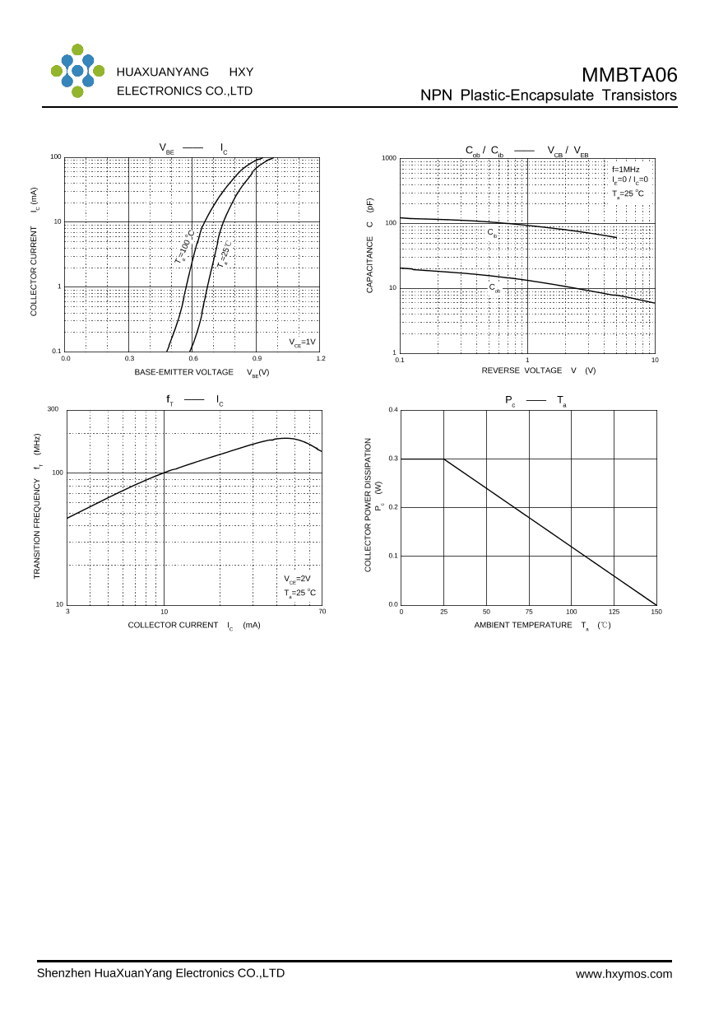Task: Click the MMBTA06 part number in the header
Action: point(629,75)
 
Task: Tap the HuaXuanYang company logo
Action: point(77,71)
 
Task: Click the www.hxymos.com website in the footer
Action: point(624,974)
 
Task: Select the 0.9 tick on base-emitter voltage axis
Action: point(257,358)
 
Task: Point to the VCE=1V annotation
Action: point(302,342)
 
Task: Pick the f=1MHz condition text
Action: point(625,169)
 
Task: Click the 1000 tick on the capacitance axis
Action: point(389,158)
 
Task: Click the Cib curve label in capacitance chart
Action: point(493,234)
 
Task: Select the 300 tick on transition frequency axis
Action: point(53,409)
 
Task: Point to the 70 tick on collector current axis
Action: point(322,611)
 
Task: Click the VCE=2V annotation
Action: point(297,579)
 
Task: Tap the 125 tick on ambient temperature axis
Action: point(614,612)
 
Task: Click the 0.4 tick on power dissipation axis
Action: point(393,410)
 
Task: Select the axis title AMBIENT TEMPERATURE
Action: point(522,625)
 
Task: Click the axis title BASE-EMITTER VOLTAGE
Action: point(183,372)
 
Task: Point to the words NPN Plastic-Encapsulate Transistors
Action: point(549,96)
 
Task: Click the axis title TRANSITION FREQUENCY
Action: point(37,528)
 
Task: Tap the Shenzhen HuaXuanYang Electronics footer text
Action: point(160,973)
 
